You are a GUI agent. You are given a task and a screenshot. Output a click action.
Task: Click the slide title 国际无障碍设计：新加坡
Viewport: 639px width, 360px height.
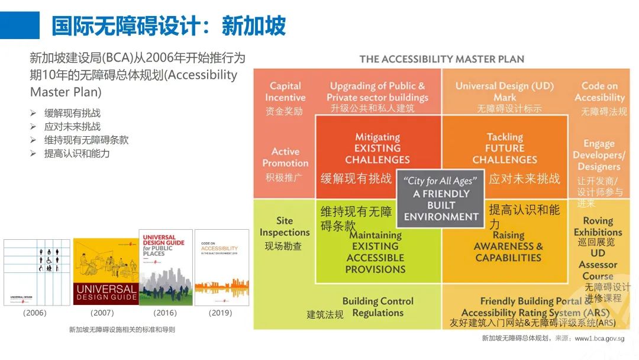click(169, 26)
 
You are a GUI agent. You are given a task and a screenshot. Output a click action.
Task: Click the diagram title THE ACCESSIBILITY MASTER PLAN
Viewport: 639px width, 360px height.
click(441, 59)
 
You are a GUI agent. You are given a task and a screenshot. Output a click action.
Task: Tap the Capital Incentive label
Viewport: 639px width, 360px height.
click(285, 92)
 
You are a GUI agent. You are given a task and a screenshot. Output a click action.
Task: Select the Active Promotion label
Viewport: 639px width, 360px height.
click(285, 157)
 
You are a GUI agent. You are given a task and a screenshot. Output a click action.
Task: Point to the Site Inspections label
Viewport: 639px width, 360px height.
click(285, 227)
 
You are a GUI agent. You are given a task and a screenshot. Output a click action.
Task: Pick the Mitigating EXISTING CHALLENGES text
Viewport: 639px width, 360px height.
click(377, 148)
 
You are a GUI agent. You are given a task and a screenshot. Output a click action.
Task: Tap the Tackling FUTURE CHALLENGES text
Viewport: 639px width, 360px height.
click(505, 148)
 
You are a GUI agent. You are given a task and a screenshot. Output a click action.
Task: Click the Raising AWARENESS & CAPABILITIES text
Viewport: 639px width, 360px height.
click(508, 246)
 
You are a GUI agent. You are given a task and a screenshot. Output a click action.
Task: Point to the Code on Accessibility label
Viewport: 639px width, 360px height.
click(599, 92)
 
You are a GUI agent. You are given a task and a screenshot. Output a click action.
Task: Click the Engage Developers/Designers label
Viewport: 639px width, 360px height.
click(599, 155)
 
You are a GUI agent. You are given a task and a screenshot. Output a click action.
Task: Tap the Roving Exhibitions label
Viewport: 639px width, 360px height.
click(598, 226)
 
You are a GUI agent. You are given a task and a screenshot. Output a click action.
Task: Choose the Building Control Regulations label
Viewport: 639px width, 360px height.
click(377, 307)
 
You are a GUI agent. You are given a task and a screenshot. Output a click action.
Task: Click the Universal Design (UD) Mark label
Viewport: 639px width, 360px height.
click(505, 92)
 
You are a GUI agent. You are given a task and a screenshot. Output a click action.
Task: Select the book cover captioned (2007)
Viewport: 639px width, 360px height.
click(106, 271)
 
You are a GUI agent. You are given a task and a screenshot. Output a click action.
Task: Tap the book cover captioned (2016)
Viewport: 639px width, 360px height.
click(165, 267)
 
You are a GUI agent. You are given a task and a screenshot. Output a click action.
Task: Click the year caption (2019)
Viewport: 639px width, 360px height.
click(221, 313)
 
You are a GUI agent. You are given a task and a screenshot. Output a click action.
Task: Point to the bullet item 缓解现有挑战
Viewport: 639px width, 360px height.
click(72, 113)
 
